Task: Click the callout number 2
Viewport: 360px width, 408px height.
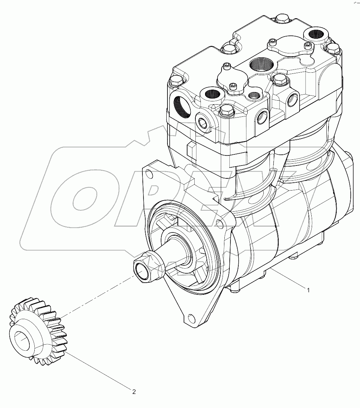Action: click(134, 392)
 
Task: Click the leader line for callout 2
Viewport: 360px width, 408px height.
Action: click(97, 371)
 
